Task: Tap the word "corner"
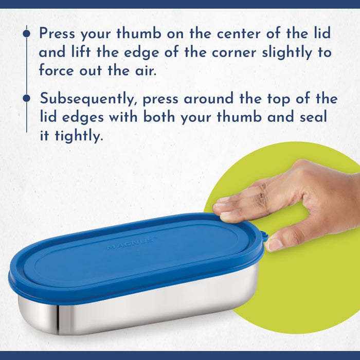click(233, 52)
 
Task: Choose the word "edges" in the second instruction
click(83, 117)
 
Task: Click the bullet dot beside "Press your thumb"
click(27, 33)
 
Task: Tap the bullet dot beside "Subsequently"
click(27, 98)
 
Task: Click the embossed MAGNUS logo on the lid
click(131, 244)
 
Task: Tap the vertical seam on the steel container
click(58, 319)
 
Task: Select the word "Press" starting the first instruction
click(57, 33)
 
